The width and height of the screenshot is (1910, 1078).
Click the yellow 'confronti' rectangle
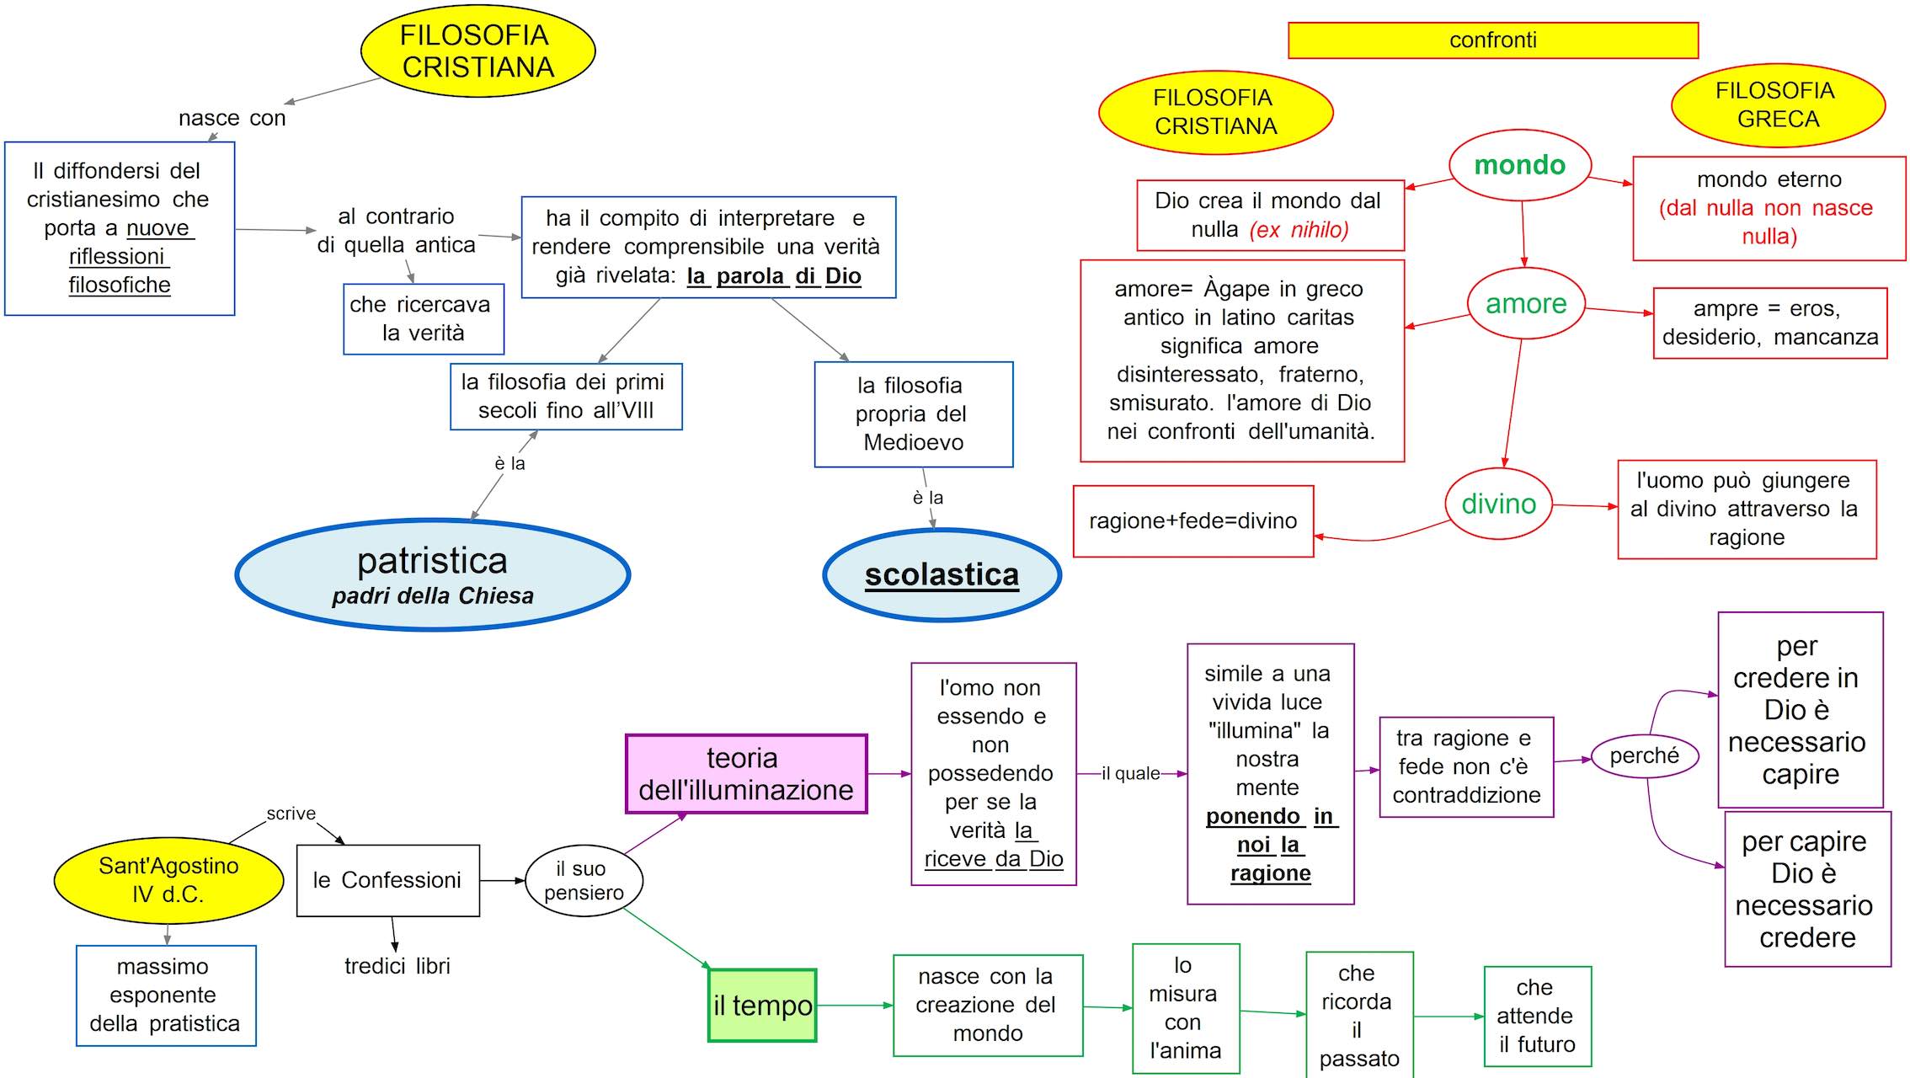tap(1492, 40)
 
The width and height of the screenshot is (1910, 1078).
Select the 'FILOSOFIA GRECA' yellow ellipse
tap(1777, 105)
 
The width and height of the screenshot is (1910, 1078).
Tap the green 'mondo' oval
tap(1519, 165)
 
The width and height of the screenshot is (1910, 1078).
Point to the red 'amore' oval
tap(1525, 303)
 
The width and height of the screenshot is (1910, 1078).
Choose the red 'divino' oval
tap(1498, 504)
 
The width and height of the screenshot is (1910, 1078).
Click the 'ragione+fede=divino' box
tap(1192, 521)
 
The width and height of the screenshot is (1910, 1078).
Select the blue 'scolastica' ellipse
tap(942, 574)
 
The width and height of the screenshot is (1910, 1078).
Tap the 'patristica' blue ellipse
tap(432, 574)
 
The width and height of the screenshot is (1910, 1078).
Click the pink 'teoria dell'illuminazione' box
tap(745, 774)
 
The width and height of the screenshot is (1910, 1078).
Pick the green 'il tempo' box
tap(762, 1006)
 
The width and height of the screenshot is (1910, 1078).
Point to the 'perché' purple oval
tap(1644, 755)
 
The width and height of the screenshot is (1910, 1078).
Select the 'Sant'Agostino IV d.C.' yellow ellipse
tap(168, 880)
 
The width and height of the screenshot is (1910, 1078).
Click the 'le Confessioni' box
tap(387, 880)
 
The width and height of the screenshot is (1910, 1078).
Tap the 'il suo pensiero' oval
tap(584, 880)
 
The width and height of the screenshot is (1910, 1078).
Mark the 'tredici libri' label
tap(397, 966)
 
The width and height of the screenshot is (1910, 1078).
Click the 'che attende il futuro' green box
tap(1537, 1016)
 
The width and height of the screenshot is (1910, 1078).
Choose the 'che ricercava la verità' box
tap(423, 319)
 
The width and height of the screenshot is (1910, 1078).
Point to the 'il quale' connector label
tap(1130, 773)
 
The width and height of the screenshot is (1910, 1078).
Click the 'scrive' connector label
tap(291, 814)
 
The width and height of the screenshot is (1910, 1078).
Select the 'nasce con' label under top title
tap(232, 118)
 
